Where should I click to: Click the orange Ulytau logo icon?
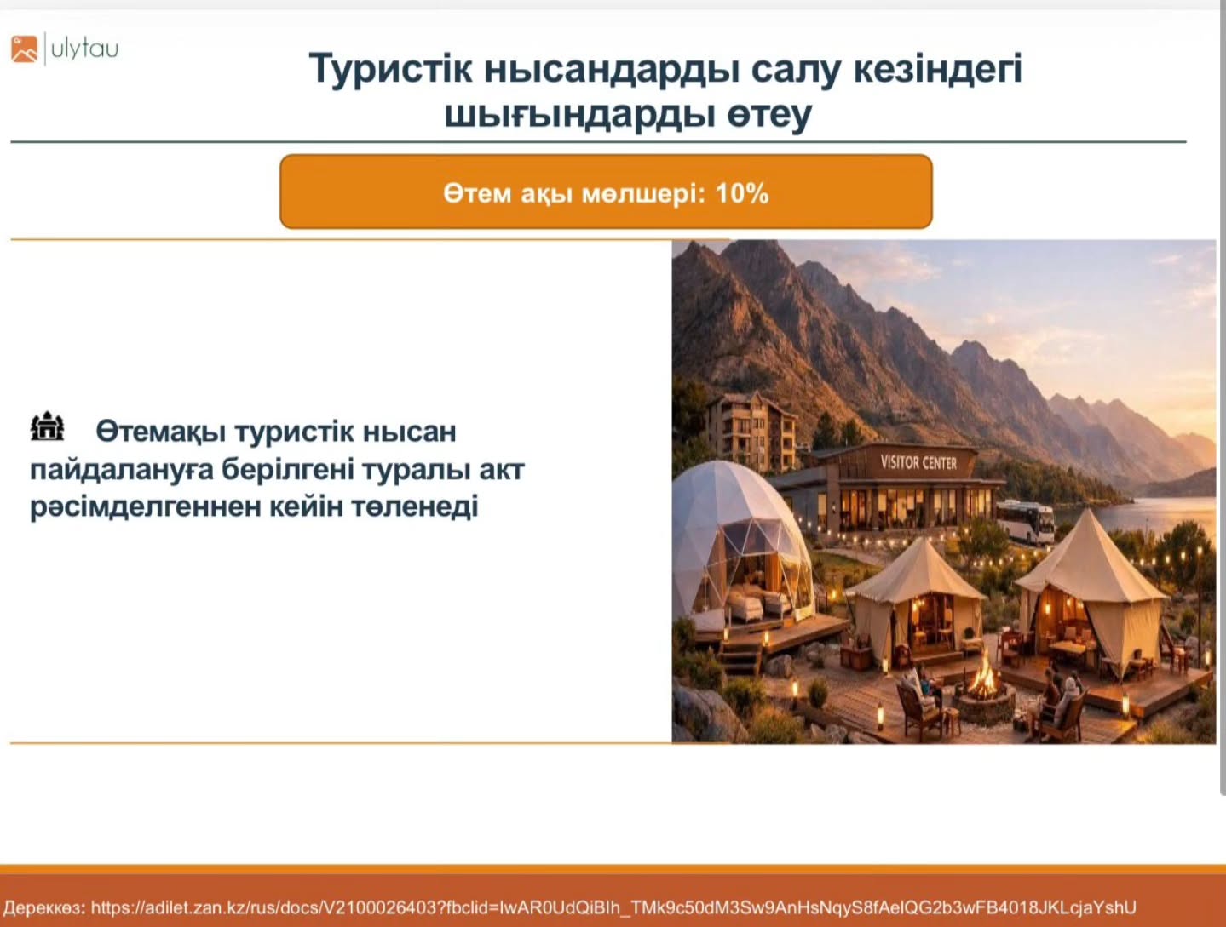24,49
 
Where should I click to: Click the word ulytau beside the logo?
85,49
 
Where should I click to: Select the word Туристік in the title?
391,69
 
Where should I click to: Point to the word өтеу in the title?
769,114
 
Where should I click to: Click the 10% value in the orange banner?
742,194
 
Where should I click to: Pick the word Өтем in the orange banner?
478,194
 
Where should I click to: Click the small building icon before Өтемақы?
47,427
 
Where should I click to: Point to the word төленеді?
414,507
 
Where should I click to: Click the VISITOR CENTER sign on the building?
918,463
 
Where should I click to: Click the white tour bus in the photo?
1026,523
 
